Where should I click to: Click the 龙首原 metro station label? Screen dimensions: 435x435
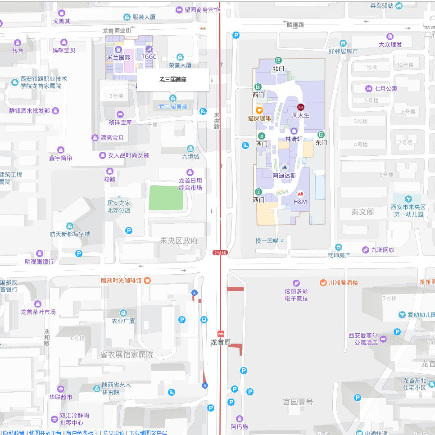[x=221, y=342]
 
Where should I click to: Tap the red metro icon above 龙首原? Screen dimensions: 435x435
[x=221, y=334]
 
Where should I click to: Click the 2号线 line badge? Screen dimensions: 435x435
[x=220, y=253]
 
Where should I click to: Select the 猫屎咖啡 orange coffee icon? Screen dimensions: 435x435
[x=259, y=110]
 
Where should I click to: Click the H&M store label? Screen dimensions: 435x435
[x=300, y=201]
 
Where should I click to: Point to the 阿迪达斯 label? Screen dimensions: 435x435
[x=284, y=176]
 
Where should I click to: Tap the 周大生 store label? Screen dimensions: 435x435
[x=301, y=115]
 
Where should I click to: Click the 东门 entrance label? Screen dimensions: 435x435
[x=321, y=143]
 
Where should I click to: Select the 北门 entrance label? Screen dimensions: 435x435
[x=278, y=68]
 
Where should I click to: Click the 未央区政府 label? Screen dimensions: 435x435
[x=179, y=241]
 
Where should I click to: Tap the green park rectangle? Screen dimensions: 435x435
[x=166, y=198]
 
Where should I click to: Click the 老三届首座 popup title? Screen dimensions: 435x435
[x=173, y=80]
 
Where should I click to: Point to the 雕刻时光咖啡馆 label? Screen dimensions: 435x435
[x=121, y=280]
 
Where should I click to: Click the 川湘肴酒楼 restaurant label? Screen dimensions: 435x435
[x=343, y=283]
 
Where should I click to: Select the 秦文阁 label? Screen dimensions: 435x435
[x=362, y=212]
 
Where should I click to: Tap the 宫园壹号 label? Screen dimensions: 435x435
[x=298, y=402]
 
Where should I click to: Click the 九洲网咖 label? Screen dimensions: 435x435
[x=383, y=250]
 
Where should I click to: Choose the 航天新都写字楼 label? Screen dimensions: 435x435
[x=70, y=234]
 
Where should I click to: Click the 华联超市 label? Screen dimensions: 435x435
[x=60, y=397]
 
